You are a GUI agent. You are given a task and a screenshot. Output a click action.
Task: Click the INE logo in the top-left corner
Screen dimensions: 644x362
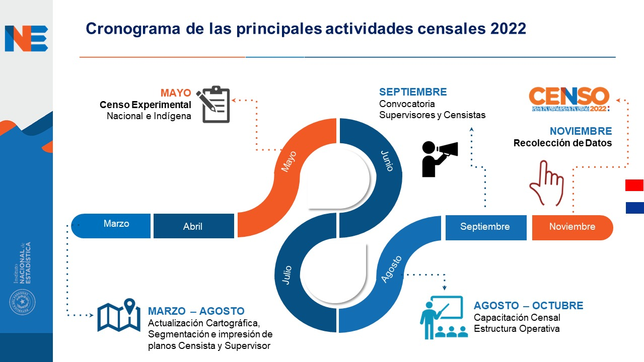click(x=27, y=39)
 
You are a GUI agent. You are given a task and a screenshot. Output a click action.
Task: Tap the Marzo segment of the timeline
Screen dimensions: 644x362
click(x=111, y=226)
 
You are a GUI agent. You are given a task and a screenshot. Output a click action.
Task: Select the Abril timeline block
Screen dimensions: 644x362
click(x=194, y=226)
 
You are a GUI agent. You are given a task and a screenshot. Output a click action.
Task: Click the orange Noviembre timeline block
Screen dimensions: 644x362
click(x=573, y=227)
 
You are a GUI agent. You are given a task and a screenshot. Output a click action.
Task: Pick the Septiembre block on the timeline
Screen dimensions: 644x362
click(x=486, y=227)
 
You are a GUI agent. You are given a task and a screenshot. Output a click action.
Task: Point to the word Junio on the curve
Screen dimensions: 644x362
click(x=387, y=161)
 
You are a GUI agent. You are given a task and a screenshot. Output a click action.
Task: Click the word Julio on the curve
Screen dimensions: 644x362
click(x=287, y=275)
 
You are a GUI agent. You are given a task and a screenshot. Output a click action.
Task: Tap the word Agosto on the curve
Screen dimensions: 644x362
click(x=391, y=269)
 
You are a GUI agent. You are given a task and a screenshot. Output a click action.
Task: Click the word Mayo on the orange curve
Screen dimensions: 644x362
click(x=289, y=161)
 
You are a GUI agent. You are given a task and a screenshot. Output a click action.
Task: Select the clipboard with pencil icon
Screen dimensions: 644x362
click(x=213, y=104)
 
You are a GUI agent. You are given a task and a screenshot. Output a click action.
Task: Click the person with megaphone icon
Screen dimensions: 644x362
click(x=440, y=159)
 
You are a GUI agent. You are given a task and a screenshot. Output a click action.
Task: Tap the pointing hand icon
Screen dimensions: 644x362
click(x=546, y=183)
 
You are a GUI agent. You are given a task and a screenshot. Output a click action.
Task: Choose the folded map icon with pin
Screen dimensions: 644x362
click(x=119, y=315)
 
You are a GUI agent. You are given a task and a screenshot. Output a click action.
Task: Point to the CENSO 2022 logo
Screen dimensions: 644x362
click(x=569, y=99)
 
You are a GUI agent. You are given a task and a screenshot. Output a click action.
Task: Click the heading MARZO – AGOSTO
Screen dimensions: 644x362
click(x=196, y=311)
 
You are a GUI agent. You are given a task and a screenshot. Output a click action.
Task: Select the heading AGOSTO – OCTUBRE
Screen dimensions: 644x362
click(x=528, y=306)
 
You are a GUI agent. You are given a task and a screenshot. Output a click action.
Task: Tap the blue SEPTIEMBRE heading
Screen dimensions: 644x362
click(x=413, y=92)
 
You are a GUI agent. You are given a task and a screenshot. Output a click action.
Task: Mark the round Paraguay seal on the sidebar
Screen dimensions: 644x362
click(x=22, y=302)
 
